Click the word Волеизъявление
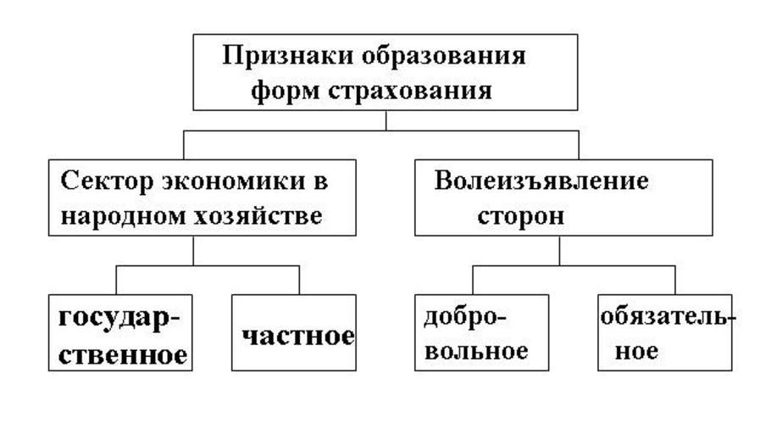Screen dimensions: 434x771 click(541, 181)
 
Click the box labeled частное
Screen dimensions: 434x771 click(293, 332)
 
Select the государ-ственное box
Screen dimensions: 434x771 click(119, 332)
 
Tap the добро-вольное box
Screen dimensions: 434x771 click(481, 332)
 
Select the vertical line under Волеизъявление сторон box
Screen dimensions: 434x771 click(559, 250)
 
